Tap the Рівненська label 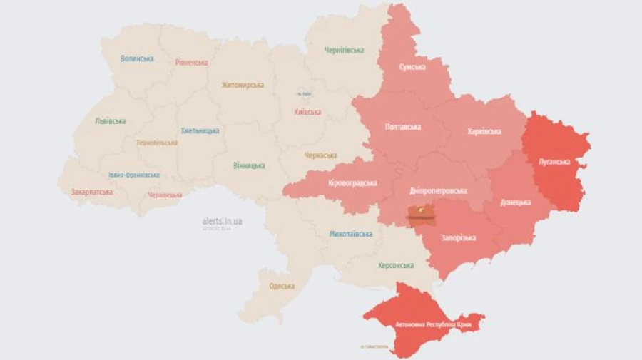click(x=191, y=62)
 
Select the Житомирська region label click(x=243, y=86)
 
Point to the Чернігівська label click(x=344, y=51)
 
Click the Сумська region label click(x=412, y=67)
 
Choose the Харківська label click(x=484, y=131)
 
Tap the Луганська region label click(x=554, y=163)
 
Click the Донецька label click(x=516, y=202)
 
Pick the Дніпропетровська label click(x=439, y=191)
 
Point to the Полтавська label click(x=402, y=127)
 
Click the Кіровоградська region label click(x=352, y=183)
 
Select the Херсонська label click(x=395, y=265)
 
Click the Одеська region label click(x=282, y=286)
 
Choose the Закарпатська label click(x=92, y=192)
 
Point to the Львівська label click(x=111, y=121)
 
